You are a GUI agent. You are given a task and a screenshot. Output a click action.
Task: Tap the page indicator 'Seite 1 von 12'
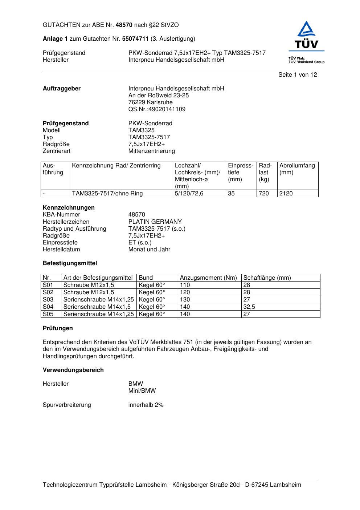(x=298, y=75)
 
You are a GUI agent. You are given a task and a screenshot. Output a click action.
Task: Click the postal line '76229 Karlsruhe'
(x=150, y=102)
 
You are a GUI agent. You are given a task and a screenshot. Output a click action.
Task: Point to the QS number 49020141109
(x=157, y=109)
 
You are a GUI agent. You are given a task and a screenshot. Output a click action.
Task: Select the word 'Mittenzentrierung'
(x=151, y=151)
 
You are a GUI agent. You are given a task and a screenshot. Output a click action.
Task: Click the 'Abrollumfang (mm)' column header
(x=297, y=169)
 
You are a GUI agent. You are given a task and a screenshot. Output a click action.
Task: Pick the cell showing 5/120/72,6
(x=189, y=194)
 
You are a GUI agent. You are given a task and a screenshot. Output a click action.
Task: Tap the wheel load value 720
(x=264, y=194)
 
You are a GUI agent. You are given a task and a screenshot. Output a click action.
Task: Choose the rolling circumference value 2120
(x=286, y=194)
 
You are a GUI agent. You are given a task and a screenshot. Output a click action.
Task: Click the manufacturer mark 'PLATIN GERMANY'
(x=155, y=222)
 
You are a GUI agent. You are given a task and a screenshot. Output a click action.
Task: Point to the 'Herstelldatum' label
(x=61, y=250)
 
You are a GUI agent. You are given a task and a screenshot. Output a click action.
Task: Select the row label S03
(x=48, y=300)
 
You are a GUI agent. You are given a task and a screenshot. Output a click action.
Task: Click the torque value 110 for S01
(x=185, y=285)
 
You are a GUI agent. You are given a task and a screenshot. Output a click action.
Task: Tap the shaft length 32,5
(x=249, y=307)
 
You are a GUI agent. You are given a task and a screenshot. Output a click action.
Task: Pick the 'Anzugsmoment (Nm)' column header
(x=208, y=278)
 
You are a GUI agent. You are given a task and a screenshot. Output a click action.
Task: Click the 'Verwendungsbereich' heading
(x=73, y=370)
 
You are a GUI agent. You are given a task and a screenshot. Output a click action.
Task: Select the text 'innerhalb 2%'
(x=146, y=405)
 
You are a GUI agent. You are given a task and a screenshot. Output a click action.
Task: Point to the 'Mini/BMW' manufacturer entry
(x=142, y=391)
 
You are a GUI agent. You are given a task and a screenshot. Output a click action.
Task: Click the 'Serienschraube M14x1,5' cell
(x=97, y=307)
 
